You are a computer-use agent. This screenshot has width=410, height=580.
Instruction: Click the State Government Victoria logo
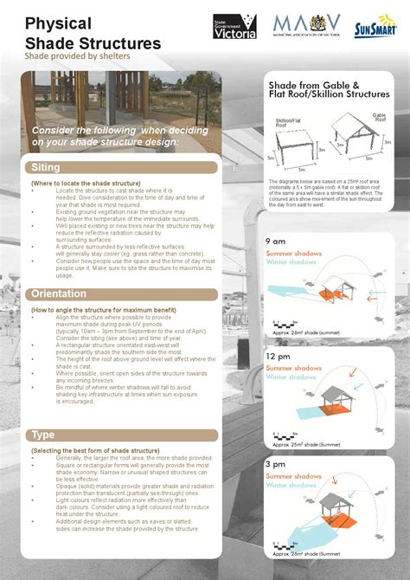coord(234,27)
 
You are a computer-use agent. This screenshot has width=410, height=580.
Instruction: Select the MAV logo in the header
coord(306,25)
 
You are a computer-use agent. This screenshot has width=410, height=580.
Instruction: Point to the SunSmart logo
coord(376,30)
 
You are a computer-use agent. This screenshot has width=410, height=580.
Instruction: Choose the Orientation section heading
coord(60,294)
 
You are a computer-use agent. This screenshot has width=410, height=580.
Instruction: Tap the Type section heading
coord(43,435)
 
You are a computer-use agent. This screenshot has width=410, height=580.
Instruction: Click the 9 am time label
coord(276,241)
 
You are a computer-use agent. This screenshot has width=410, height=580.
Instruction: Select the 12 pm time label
coord(279,356)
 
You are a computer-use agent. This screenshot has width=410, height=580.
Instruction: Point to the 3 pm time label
coord(276,464)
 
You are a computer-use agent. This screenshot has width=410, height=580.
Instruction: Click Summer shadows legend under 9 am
coord(293,253)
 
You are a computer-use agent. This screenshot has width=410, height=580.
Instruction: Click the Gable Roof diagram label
coord(379,116)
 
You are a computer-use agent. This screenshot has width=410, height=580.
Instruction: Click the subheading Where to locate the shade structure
coord(85,184)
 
